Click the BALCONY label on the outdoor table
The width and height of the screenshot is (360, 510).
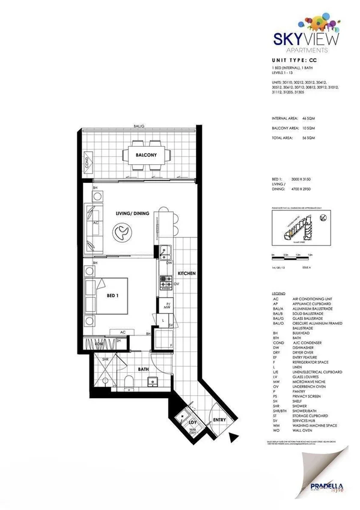pyautogui.click(x=146, y=155)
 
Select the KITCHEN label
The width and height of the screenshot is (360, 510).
pyautogui.click(x=186, y=274)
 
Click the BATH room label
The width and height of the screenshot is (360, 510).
pyautogui.click(x=143, y=369)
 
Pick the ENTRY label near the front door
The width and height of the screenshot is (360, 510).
pyautogui.click(x=219, y=419)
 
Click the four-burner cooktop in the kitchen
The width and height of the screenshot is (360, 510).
pyautogui.click(x=164, y=279)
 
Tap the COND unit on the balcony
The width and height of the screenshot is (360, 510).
pyautogui.click(x=88, y=162)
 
